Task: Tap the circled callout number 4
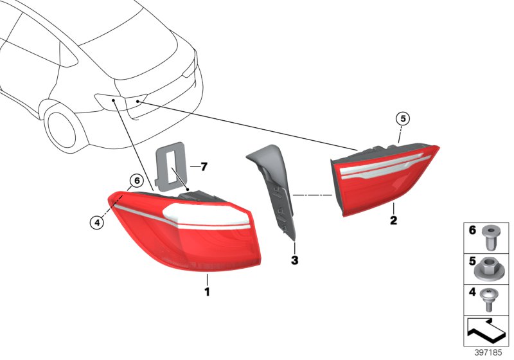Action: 96,222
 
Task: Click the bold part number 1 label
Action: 207,291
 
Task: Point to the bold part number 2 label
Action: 394,221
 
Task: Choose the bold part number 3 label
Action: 295,260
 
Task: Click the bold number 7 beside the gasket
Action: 204,167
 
